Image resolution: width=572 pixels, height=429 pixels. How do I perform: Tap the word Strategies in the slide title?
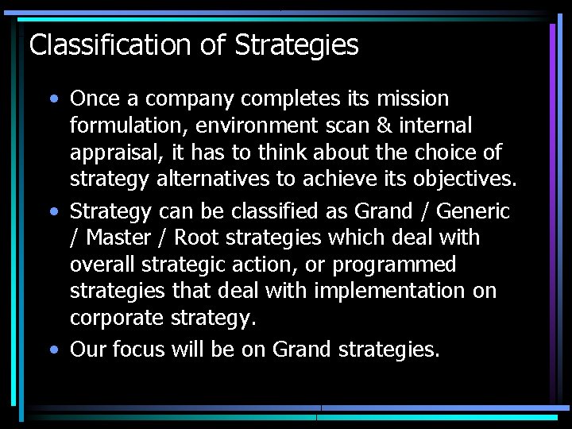point(296,45)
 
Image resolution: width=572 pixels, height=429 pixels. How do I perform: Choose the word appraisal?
point(118,153)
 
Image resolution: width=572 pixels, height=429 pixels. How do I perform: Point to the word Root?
point(195,238)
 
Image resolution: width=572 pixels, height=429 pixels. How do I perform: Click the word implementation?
point(389,291)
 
